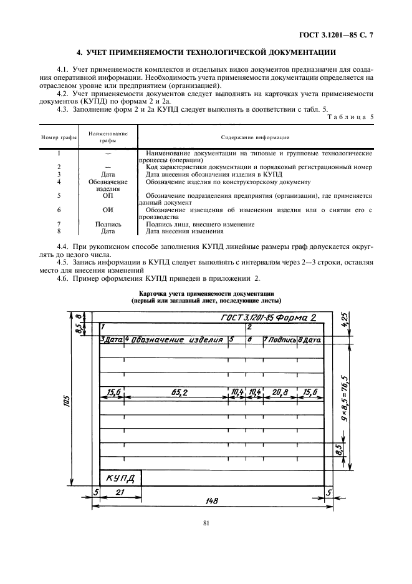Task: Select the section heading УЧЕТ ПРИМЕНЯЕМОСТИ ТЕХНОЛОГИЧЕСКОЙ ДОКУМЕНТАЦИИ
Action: click(206, 51)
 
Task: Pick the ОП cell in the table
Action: click(108, 195)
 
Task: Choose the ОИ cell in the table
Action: click(108, 210)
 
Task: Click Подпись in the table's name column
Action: click(108, 224)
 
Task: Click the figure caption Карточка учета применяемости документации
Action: click(206, 293)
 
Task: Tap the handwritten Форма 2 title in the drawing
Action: click(295, 318)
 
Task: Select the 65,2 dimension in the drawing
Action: click(177, 392)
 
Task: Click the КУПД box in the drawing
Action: click(120, 479)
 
